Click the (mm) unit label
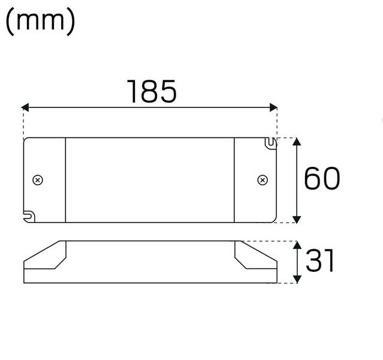(x=40, y=22)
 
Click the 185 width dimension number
(x=152, y=91)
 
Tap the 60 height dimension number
(x=322, y=179)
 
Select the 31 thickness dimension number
(x=320, y=262)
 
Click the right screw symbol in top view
(x=262, y=179)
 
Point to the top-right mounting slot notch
(x=271, y=143)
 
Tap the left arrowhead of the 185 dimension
(x=26, y=107)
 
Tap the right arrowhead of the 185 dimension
(x=274, y=107)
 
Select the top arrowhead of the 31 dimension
(x=297, y=245)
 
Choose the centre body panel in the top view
(x=150, y=179)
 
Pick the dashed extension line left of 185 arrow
(x=23, y=123)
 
